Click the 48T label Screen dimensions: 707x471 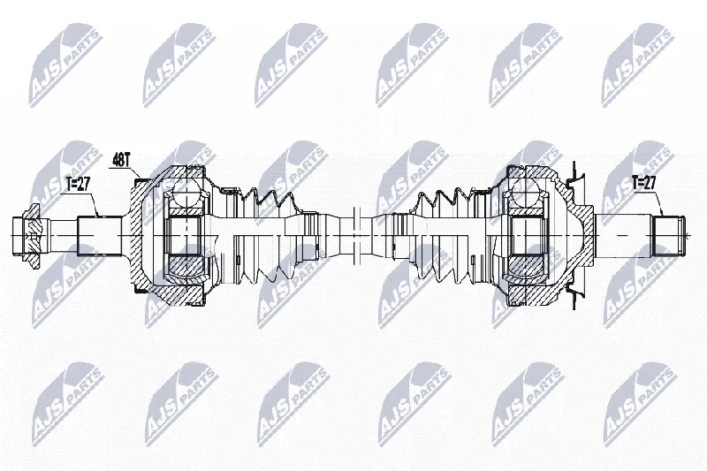121,160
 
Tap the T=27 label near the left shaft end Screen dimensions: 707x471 78,185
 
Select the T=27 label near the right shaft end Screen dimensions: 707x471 643,182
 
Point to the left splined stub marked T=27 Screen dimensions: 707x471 100,235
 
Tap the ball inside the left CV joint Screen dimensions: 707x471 183,194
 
